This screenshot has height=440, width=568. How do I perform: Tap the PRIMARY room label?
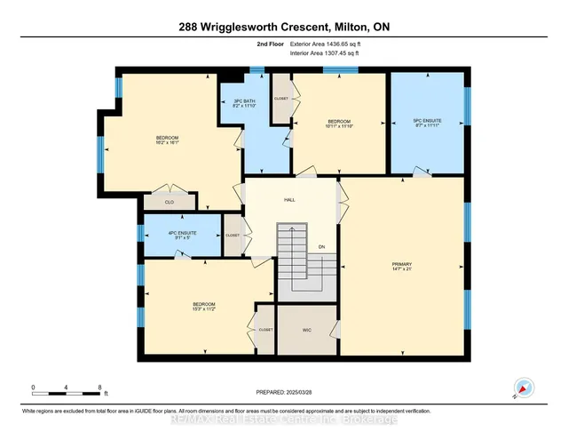click(x=402, y=264)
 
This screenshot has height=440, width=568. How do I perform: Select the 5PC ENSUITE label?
click(x=428, y=123)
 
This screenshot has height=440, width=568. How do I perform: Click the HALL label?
click(x=289, y=200)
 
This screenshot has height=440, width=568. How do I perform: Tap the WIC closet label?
click(x=307, y=330)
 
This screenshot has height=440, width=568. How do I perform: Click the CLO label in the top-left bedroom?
click(x=169, y=203)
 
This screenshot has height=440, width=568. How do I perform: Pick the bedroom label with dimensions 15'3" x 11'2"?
click(x=204, y=307)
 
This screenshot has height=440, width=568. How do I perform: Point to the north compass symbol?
click(x=525, y=387)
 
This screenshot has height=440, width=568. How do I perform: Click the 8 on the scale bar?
click(x=99, y=386)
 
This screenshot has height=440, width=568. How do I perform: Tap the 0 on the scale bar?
click(x=32, y=386)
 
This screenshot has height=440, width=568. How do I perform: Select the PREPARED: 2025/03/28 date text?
click(x=283, y=392)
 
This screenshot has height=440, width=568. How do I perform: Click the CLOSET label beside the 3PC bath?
click(x=281, y=99)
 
